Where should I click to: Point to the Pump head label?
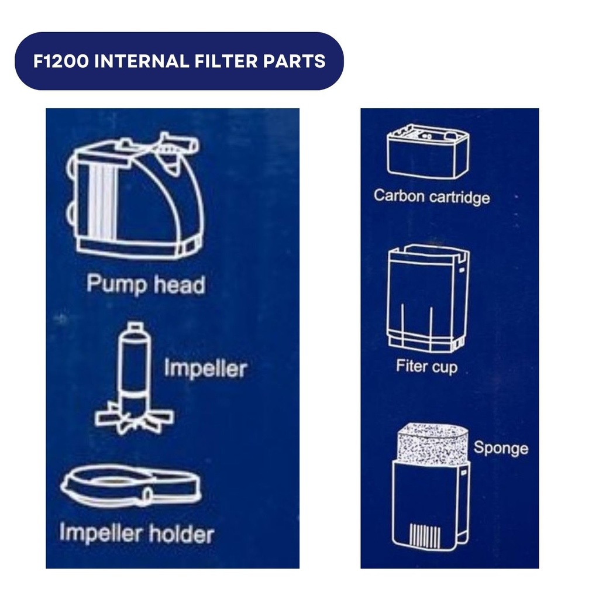pos(146,285)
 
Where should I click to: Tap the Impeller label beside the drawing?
pos(205,369)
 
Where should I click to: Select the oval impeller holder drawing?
pos(130,485)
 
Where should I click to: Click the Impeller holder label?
pos(137,533)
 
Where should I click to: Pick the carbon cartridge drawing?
pos(428,152)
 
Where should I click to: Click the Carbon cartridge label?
pos(432,196)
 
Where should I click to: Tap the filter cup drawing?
pos(428,298)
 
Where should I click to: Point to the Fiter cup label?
pos(426,367)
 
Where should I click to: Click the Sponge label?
pos(501,449)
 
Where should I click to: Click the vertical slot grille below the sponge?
pos(423,536)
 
